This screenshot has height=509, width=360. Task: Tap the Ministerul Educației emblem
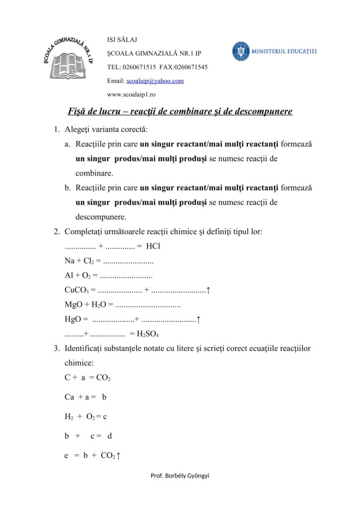241,51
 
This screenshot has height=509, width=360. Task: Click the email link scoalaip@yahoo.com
155,81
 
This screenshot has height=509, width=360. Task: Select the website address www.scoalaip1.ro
131,94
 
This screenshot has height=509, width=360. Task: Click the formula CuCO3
78,290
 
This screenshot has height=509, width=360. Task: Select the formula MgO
74,304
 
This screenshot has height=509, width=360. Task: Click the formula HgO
73,319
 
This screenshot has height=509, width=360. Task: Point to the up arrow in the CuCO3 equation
208,290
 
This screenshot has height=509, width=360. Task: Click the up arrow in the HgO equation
198,319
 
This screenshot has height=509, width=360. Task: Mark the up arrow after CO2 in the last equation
118,455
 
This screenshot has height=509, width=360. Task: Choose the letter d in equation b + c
110,436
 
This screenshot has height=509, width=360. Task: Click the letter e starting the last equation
66,455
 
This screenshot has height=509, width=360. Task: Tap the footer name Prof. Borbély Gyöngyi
180,476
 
